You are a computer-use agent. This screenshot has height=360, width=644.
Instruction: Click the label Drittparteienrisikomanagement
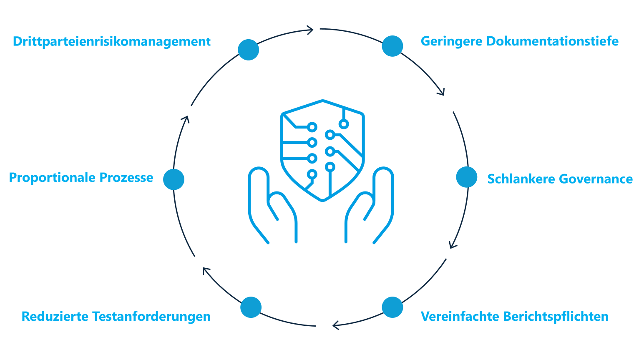(x=111, y=42)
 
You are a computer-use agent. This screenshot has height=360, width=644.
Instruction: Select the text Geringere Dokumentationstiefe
(x=519, y=41)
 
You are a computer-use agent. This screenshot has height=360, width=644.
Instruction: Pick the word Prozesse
(x=126, y=178)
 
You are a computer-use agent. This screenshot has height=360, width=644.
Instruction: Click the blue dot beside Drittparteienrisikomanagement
(x=249, y=50)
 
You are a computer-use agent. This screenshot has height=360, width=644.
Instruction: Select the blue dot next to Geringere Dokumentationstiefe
(x=392, y=45)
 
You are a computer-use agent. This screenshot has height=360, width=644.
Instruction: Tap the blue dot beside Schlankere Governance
(x=467, y=177)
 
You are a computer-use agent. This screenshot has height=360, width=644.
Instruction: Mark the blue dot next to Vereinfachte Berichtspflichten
(x=392, y=307)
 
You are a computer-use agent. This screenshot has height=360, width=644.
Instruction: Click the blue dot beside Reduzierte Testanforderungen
(x=251, y=307)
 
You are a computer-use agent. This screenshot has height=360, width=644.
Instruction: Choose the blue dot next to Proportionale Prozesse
(x=174, y=179)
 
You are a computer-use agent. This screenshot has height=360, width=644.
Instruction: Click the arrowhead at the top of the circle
(x=310, y=29)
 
